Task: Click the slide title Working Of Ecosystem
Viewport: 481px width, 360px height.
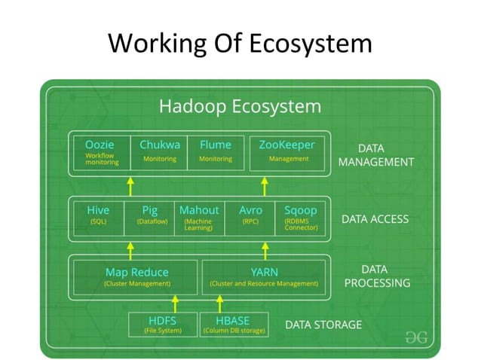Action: click(x=240, y=42)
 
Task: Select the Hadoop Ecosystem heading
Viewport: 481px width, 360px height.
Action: click(x=239, y=105)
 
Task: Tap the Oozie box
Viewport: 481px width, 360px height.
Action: click(x=102, y=151)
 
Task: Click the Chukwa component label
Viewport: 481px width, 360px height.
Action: click(x=160, y=151)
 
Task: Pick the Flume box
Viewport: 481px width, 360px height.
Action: click(x=216, y=151)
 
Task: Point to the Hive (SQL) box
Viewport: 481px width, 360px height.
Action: click(x=98, y=216)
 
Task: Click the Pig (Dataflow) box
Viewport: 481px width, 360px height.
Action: click(x=150, y=216)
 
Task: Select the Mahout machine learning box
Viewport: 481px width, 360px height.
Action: click(x=199, y=217)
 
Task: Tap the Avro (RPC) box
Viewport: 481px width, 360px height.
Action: click(x=250, y=216)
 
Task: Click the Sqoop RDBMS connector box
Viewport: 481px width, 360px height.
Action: click(x=301, y=217)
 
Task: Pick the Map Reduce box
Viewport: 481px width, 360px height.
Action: click(x=136, y=276)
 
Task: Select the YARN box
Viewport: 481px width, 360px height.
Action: click(x=264, y=276)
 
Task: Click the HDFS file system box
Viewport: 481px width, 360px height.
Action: click(x=163, y=324)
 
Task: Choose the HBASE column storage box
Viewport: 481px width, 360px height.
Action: click(x=232, y=324)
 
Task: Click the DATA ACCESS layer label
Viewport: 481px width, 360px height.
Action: click(x=375, y=219)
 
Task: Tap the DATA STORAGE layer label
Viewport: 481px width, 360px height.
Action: click(x=323, y=325)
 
